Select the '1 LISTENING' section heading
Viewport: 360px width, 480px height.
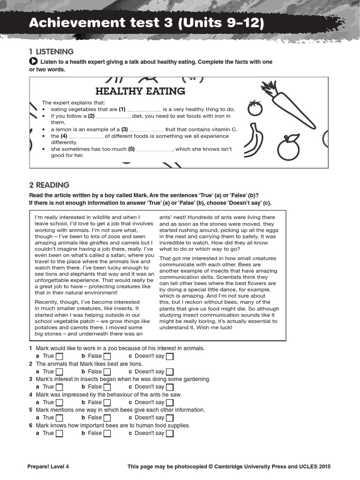(51, 52)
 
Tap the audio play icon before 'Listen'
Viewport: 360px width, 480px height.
(33, 62)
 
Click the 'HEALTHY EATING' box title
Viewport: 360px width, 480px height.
(140, 91)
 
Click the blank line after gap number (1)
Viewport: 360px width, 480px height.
(144, 109)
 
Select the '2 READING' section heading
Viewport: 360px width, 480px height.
(49, 185)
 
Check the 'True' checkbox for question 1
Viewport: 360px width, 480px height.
(60, 356)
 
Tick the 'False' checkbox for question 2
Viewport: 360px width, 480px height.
(107, 372)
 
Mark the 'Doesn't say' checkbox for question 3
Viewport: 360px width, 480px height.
(170, 387)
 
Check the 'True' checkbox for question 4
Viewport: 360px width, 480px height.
(60, 403)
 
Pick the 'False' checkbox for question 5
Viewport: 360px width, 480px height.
(107, 418)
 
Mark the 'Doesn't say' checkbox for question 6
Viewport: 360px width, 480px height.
(170, 433)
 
